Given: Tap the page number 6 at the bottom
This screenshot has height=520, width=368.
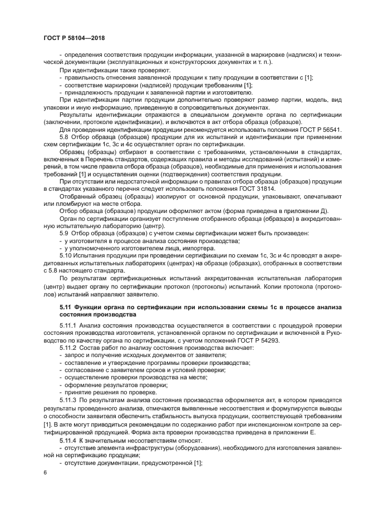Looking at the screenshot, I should (x=45, y=473).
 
